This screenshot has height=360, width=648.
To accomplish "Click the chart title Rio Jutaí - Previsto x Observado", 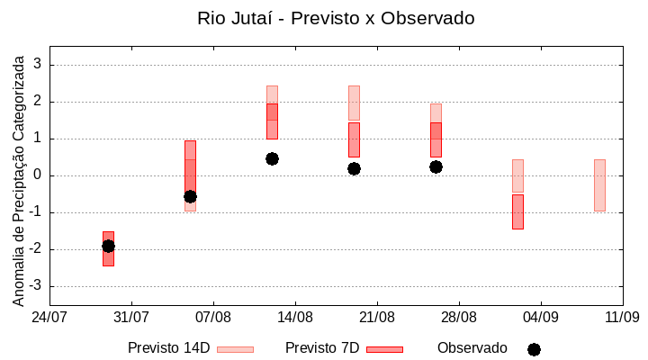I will pyautogui.click(x=336, y=18).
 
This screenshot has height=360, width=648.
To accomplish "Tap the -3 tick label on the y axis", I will pyautogui.click(x=35, y=286).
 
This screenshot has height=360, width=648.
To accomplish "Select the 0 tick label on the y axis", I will pyautogui.click(x=38, y=175).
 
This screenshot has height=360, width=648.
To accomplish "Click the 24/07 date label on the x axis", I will pyautogui.click(x=49, y=317).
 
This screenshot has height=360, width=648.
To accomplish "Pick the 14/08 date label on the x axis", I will pyautogui.click(x=295, y=317).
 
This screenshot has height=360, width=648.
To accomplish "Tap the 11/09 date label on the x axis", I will pyautogui.click(x=622, y=317).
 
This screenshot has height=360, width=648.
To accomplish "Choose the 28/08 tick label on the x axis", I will pyautogui.click(x=459, y=317).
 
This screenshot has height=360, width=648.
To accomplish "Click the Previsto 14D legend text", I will pyautogui.click(x=168, y=348).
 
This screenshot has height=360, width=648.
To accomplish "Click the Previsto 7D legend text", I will pyautogui.click(x=322, y=348).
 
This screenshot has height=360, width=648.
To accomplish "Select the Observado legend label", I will pyautogui.click(x=472, y=348).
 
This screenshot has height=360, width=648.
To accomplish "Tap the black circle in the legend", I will pyautogui.click(x=534, y=349).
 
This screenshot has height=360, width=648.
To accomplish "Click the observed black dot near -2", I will pyautogui.click(x=108, y=246).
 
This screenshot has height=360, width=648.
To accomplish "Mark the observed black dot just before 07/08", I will pyautogui.click(x=190, y=196).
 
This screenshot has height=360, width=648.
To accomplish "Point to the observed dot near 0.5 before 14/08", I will pyautogui.click(x=272, y=158).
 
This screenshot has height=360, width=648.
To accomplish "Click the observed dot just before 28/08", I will pyautogui.click(x=436, y=166).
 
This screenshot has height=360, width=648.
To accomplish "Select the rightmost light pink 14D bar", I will pyautogui.click(x=599, y=184).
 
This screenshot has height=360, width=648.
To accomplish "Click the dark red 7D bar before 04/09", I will pyautogui.click(x=517, y=211).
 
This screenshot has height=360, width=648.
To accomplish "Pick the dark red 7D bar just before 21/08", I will pyautogui.click(x=354, y=139).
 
